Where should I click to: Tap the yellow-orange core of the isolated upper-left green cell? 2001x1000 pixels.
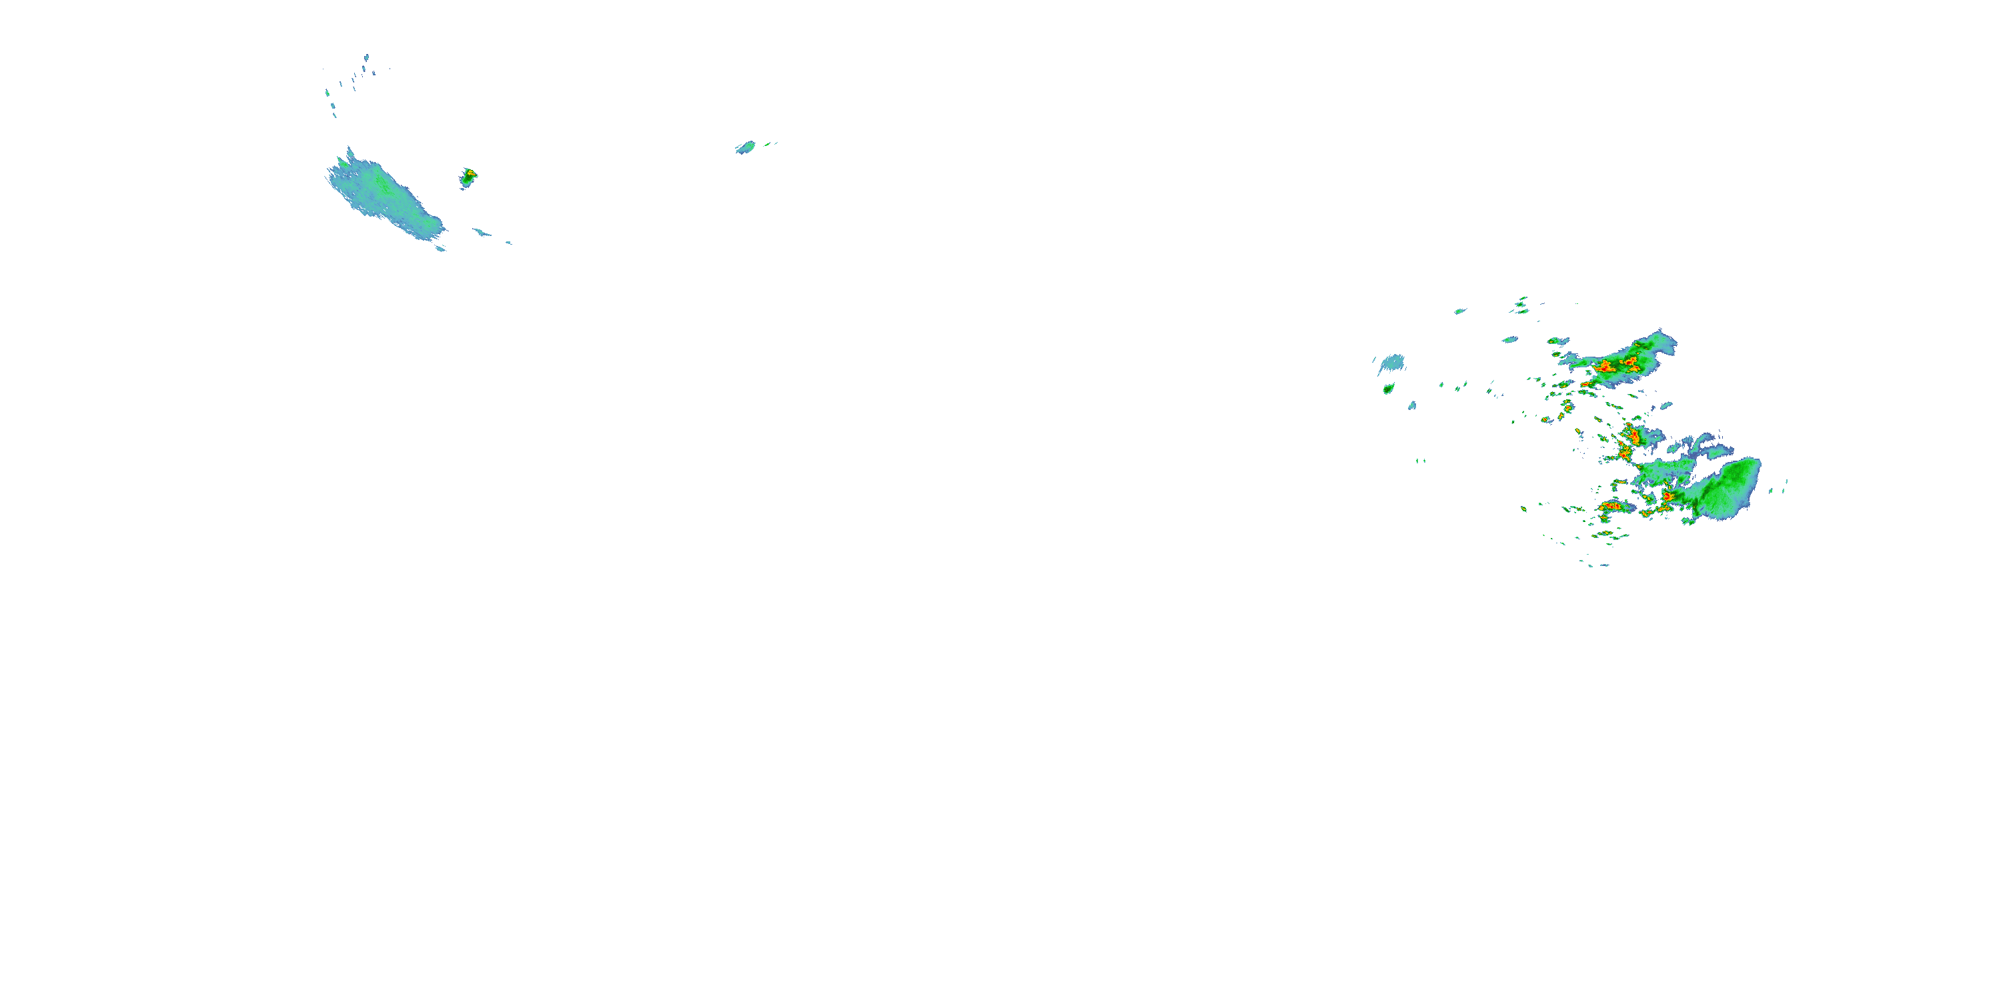tap(469, 173)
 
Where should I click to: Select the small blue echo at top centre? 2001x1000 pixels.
tap(746, 147)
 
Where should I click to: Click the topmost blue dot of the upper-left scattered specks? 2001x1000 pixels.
tap(367, 57)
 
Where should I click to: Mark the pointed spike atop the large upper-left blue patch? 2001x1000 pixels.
tap(349, 151)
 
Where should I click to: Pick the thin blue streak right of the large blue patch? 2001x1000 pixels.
tap(482, 232)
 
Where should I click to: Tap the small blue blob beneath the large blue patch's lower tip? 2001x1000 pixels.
tap(440, 249)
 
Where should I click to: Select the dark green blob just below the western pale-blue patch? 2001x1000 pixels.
tap(1388, 388)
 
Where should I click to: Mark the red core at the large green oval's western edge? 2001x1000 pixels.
tap(1667, 496)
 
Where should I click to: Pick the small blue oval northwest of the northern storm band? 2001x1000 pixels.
tap(1510, 339)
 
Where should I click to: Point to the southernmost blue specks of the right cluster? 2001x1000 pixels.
tap(1596, 565)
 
